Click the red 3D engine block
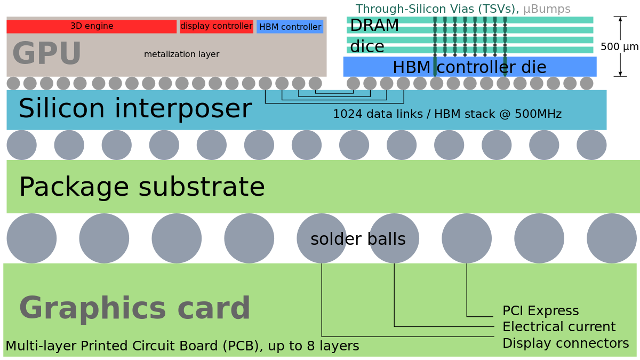point(91,26)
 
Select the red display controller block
point(216,26)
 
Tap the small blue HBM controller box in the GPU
point(290,27)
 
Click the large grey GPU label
point(47,54)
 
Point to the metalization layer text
point(181,54)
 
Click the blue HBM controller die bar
point(469,67)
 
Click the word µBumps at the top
point(547,9)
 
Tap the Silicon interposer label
point(135,109)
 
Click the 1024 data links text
point(447,114)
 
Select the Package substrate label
point(142,187)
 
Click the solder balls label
point(358,239)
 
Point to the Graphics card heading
point(135,308)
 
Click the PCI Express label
point(540,311)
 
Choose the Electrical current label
point(559,327)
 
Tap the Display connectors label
point(565,343)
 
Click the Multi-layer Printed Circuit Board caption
point(182,346)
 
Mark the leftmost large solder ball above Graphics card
point(31,238)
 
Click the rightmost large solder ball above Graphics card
point(612,238)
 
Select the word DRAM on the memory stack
point(374,26)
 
